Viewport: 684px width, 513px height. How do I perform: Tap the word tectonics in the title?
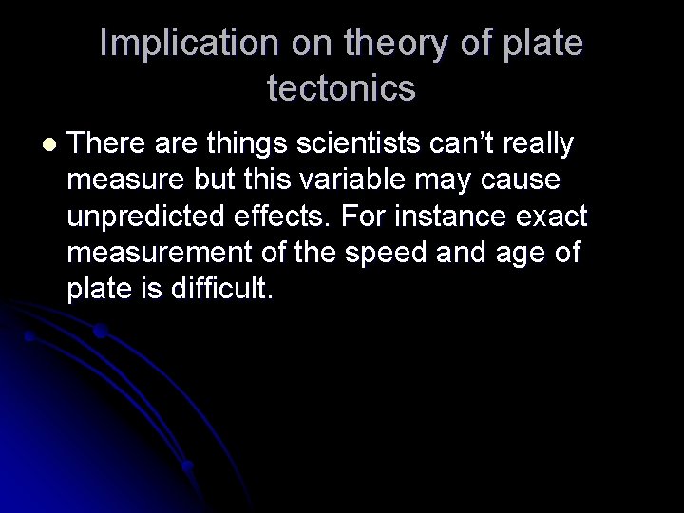coord(342,87)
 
